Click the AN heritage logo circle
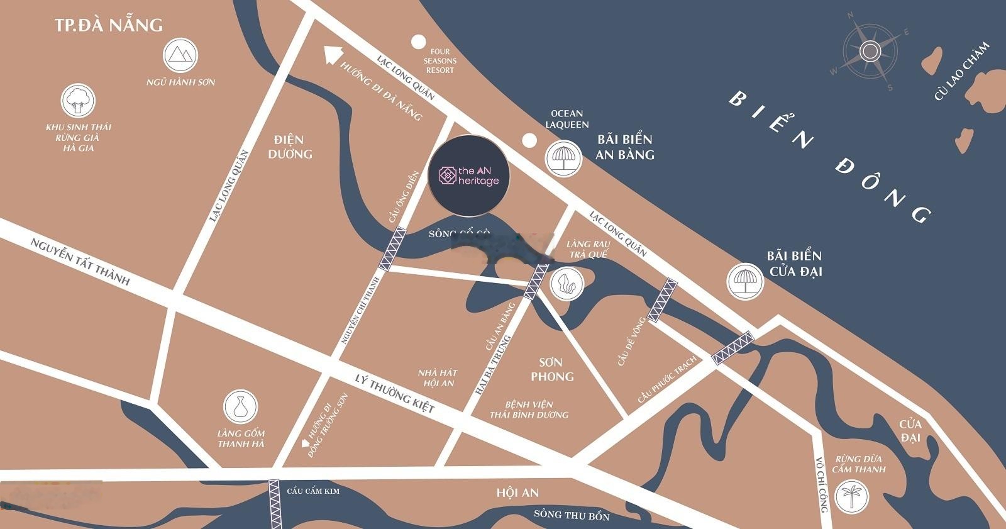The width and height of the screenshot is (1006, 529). click(x=469, y=175)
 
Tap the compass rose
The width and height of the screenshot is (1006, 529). click(x=870, y=51)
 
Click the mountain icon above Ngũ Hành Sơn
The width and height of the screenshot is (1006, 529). click(x=180, y=55)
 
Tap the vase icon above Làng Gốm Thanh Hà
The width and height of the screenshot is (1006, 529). click(x=240, y=407)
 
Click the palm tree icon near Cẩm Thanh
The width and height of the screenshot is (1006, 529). click(x=853, y=495)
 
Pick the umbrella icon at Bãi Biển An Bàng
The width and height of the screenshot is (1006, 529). click(x=562, y=157)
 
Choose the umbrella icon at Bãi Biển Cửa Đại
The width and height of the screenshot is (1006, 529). click(x=745, y=281)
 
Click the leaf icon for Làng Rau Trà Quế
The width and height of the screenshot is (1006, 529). click(x=567, y=283)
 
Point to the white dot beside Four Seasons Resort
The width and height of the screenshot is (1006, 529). click(x=418, y=42)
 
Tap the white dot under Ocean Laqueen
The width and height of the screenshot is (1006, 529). click(x=530, y=140)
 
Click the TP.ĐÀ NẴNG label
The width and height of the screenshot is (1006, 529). click(x=109, y=25)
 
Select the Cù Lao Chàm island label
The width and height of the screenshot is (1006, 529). click(x=961, y=71)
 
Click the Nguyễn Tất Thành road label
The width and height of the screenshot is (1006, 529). click(x=80, y=261)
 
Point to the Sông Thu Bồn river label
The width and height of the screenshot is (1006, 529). click(x=572, y=515)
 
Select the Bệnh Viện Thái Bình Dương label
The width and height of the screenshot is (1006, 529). click(x=529, y=409)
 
